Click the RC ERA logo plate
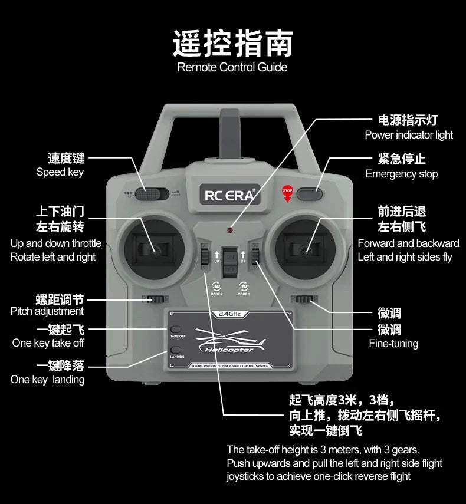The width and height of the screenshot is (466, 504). (232, 195)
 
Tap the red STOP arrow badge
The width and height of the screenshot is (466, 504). (287, 192)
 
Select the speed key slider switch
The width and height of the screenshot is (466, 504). (150, 193)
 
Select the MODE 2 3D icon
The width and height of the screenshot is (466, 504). (216, 286)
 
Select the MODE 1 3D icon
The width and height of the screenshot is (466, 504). (244, 286)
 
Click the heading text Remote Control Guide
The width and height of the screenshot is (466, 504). (232, 67)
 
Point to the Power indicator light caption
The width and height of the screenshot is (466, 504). (409, 135)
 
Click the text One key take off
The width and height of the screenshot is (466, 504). (48, 343)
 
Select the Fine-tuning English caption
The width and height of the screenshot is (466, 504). (393, 344)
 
